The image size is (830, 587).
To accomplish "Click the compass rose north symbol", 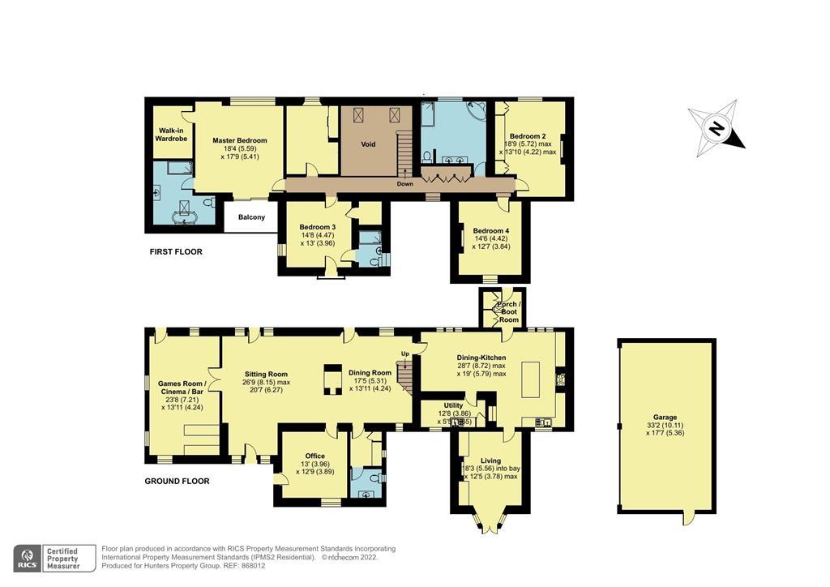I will pos(716,129).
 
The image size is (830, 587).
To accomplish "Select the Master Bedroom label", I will pos(240,140).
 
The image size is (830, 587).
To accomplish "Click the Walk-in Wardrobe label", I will pos(172,135).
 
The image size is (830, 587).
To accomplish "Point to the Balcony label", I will pos(251,217).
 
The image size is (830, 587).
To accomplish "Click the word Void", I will pos(368,144).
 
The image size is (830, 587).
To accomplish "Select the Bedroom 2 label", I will pos(527,136).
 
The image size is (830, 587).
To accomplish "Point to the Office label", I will pos(314,456).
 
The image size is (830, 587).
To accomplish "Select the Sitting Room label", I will pos(267,375).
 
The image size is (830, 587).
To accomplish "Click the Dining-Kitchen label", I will pos(481,357).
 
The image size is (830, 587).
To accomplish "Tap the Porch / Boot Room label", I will pos(508,312).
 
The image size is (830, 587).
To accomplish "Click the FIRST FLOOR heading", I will pos(176,252).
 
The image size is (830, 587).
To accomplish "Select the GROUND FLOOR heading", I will pos(177,482).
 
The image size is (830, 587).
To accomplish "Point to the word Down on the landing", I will pos(405,184).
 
